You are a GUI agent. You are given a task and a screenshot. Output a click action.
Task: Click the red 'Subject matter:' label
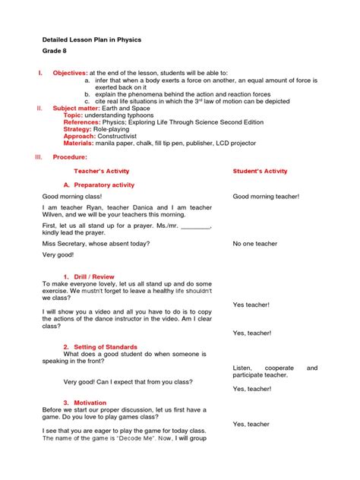click(74, 108)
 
